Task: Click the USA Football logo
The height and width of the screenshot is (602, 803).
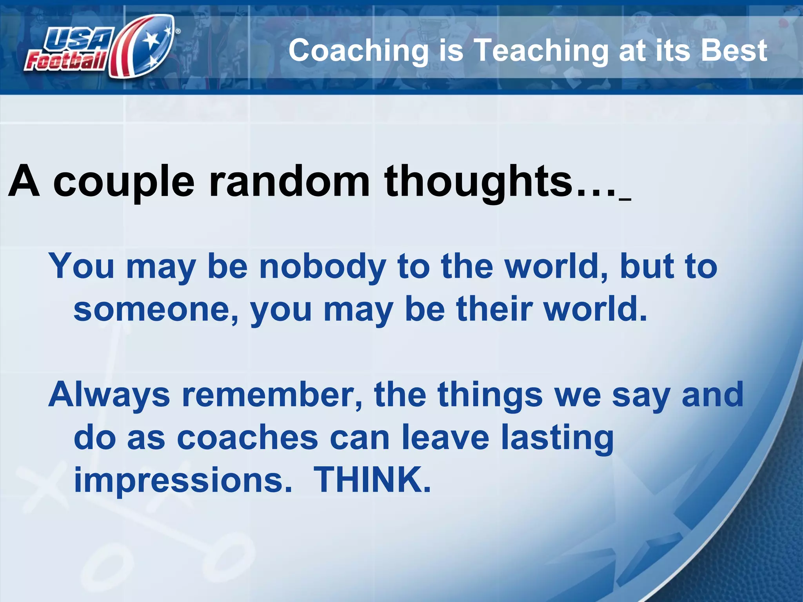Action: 100,47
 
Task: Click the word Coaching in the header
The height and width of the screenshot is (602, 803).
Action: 358,51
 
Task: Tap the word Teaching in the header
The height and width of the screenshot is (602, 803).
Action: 541,51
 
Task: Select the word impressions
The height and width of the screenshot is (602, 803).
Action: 183,481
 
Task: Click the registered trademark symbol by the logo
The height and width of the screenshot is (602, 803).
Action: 178,31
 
